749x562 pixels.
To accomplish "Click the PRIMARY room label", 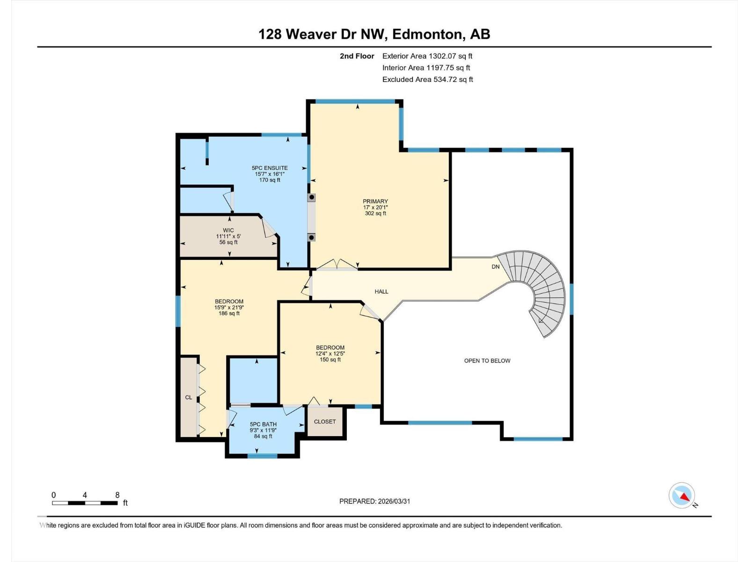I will click(375, 201).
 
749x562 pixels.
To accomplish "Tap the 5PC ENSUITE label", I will click(270, 168).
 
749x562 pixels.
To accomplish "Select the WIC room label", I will click(228, 230).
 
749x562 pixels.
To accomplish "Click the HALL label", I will click(382, 291).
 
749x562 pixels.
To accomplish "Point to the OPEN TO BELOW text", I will click(487, 361).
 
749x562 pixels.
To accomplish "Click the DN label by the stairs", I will click(495, 266).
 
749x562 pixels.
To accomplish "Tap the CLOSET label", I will click(325, 421).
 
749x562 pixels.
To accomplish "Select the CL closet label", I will click(189, 397).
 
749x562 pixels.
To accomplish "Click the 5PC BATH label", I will click(263, 424).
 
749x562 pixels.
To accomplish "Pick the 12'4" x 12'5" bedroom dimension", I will click(330, 354).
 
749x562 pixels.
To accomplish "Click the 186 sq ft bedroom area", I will click(229, 313).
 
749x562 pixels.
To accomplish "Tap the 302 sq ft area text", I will click(375, 213).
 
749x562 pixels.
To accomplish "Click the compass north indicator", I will click(683, 496).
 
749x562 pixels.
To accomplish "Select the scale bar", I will click(85, 503).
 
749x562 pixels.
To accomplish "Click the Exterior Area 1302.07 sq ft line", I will click(427, 56).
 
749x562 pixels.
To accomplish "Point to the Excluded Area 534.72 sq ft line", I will click(427, 79).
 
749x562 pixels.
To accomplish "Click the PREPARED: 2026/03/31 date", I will click(374, 501).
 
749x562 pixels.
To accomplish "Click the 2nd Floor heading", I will click(357, 56).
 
